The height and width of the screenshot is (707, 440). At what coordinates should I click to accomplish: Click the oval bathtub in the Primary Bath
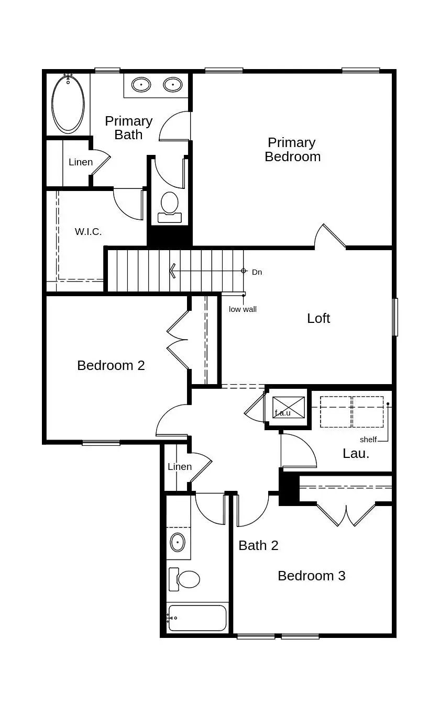[x=68, y=104]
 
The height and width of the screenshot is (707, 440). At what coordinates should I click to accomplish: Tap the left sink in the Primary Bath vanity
[x=140, y=84]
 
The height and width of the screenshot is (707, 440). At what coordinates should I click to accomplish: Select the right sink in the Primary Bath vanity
[x=173, y=84]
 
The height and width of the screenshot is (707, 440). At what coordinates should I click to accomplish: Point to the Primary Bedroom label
[x=292, y=150]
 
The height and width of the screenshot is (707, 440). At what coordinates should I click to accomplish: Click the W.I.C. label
[x=88, y=231]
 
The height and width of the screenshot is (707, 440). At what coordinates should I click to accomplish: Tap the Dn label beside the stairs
[x=257, y=272]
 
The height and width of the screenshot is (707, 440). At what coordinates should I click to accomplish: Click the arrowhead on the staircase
[x=171, y=271]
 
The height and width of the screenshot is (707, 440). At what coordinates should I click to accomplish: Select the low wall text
[x=243, y=309]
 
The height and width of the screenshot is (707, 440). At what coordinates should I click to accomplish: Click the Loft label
[x=318, y=318]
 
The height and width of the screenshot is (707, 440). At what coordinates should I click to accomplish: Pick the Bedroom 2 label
[x=111, y=365]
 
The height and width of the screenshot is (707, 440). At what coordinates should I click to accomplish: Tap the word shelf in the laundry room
[x=368, y=440]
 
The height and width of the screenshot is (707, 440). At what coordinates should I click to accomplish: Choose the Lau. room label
[x=356, y=454]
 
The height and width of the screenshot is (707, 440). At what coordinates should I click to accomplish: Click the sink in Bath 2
[x=178, y=542]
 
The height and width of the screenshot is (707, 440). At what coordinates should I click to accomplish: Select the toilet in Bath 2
[x=186, y=579]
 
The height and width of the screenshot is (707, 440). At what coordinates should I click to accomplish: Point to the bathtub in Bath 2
[x=197, y=618]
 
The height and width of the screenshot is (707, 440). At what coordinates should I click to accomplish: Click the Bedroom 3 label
[x=311, y=576]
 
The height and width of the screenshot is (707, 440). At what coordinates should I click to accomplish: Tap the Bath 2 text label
[x=258, y=545]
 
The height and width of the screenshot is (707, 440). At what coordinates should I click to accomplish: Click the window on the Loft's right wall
[x=395, y=317]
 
